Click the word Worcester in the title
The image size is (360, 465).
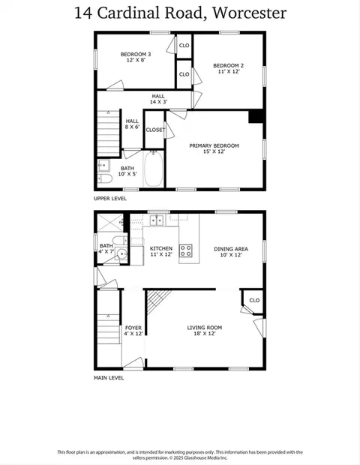point(250,13)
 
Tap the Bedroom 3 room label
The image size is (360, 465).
point(136,54)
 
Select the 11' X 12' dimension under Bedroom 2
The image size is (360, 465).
point(229,71)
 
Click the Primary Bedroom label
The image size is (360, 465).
point(214,145)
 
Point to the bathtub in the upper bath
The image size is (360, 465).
point(153,169)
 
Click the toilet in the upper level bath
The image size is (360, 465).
point(105,178)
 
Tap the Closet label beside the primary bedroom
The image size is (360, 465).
point(155,130)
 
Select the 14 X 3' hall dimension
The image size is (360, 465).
point(158,102)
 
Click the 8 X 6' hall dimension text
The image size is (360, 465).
point(132,127)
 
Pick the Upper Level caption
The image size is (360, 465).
point(110,199)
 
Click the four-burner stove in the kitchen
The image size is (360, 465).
point(186,250)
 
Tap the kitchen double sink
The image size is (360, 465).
point(156,220)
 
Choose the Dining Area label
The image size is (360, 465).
point(231,249)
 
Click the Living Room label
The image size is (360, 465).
point(204,328)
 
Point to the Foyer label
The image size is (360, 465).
point(133,328)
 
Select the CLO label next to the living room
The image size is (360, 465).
point(254,301)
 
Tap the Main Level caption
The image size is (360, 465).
point(109,378)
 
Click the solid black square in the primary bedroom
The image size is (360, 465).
point(256,116)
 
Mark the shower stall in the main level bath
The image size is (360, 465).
point(110,223)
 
